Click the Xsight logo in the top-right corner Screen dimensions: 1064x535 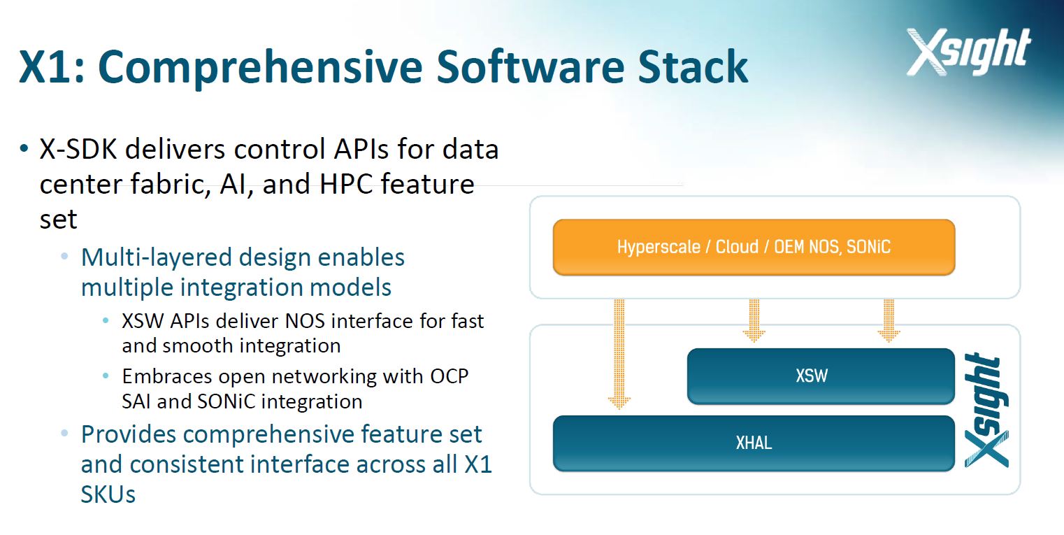968,52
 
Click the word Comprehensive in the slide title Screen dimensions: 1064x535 260,67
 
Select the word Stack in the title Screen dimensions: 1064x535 693,66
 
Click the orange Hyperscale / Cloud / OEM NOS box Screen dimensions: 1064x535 754,247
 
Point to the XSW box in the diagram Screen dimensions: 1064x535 821,376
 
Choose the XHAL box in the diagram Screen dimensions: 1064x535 754,443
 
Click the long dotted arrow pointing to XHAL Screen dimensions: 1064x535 619,354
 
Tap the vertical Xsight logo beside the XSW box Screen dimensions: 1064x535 986,410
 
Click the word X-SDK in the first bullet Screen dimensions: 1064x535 78,149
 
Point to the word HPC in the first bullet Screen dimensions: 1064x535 346,184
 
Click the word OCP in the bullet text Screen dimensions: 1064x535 450,376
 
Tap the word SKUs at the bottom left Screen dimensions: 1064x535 108,494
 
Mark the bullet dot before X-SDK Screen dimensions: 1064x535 24,149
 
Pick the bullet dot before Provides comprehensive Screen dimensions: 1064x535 64,434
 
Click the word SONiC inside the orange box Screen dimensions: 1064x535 868,247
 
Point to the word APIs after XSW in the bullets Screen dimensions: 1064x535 189,321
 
